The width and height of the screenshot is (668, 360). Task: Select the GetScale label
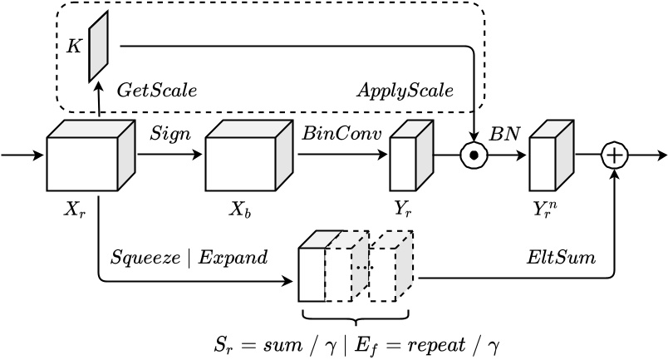[x=157, y=89]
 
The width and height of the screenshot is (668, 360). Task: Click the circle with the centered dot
[x=473, y=155]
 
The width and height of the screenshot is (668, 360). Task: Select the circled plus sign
[x=616, y=155]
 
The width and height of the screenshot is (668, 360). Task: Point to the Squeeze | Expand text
[x=189, y=257]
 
